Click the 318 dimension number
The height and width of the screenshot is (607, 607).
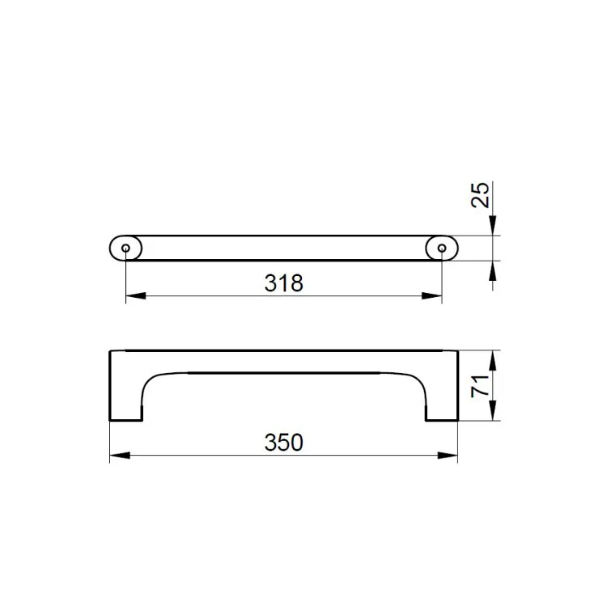(x=284, y=283)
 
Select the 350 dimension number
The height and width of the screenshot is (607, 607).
(x=284, y=442)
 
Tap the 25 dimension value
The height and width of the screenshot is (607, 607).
(x=480, y=195)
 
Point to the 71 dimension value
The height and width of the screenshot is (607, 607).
(x=480, y=386)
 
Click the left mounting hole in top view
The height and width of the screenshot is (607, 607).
(x=125, y=248)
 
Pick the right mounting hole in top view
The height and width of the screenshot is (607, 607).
(x=442, y=248)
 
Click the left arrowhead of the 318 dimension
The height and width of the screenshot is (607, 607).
(x=136, y=295)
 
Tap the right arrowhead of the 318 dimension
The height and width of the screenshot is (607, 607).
(x=431, y=295)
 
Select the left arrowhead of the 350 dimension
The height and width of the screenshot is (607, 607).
(x=120, y=455)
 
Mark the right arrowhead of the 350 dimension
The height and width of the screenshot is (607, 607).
(x=448, y=455)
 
